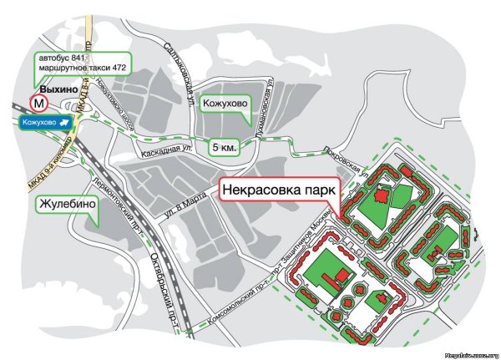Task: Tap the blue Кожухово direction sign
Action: point(46,123)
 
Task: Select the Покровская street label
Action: point(343,156)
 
